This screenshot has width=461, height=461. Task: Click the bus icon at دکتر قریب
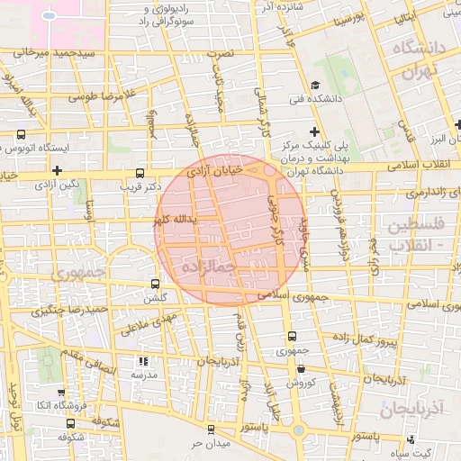(x=139, y=172)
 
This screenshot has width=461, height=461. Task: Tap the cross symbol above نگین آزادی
(x=57, y=169)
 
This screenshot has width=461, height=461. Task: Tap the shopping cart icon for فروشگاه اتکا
(x=59, y=393)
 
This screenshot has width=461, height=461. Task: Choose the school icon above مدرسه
(x=139, y=359)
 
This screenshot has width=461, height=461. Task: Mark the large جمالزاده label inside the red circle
(x=208, y=267)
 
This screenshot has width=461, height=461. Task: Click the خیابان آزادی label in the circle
(x=215, y=170)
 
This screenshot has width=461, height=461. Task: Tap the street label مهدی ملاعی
(x=167, y=320)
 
